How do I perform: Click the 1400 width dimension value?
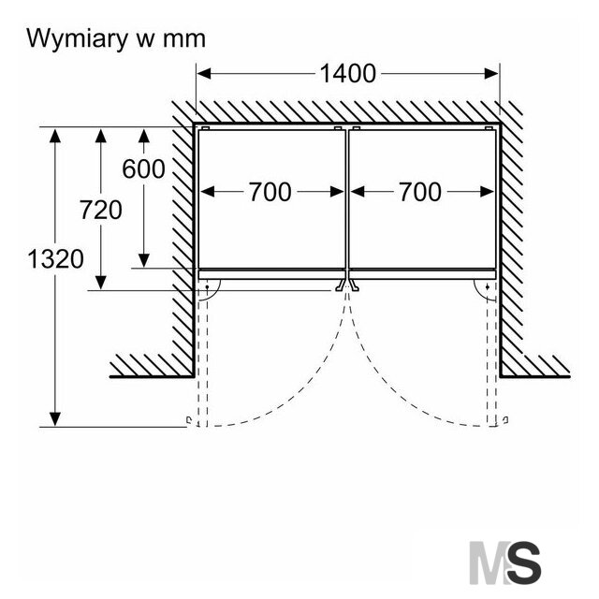[347, 73]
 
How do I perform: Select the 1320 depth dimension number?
[56, 258]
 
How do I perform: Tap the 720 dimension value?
[101, 210]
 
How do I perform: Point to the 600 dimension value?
[143, 168]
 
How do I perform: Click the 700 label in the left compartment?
[270, 192]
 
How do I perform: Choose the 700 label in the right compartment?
[420, 192]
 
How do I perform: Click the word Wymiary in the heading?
[77, 39]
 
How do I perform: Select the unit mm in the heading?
[184, 40]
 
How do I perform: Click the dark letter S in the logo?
[524, 562]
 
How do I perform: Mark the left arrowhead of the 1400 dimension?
[204, 73]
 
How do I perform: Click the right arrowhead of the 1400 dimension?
[491, 73]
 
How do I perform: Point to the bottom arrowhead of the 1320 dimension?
[55, 419]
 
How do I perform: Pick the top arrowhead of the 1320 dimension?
[55, 136]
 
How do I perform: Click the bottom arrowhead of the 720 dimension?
[101, 283]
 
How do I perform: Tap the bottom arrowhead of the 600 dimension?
[143, 260]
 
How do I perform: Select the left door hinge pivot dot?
[207, 287]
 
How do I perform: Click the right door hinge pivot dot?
[488, 287]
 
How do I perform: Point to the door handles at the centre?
[347, 285]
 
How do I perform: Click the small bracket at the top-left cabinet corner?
[205, 128]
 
